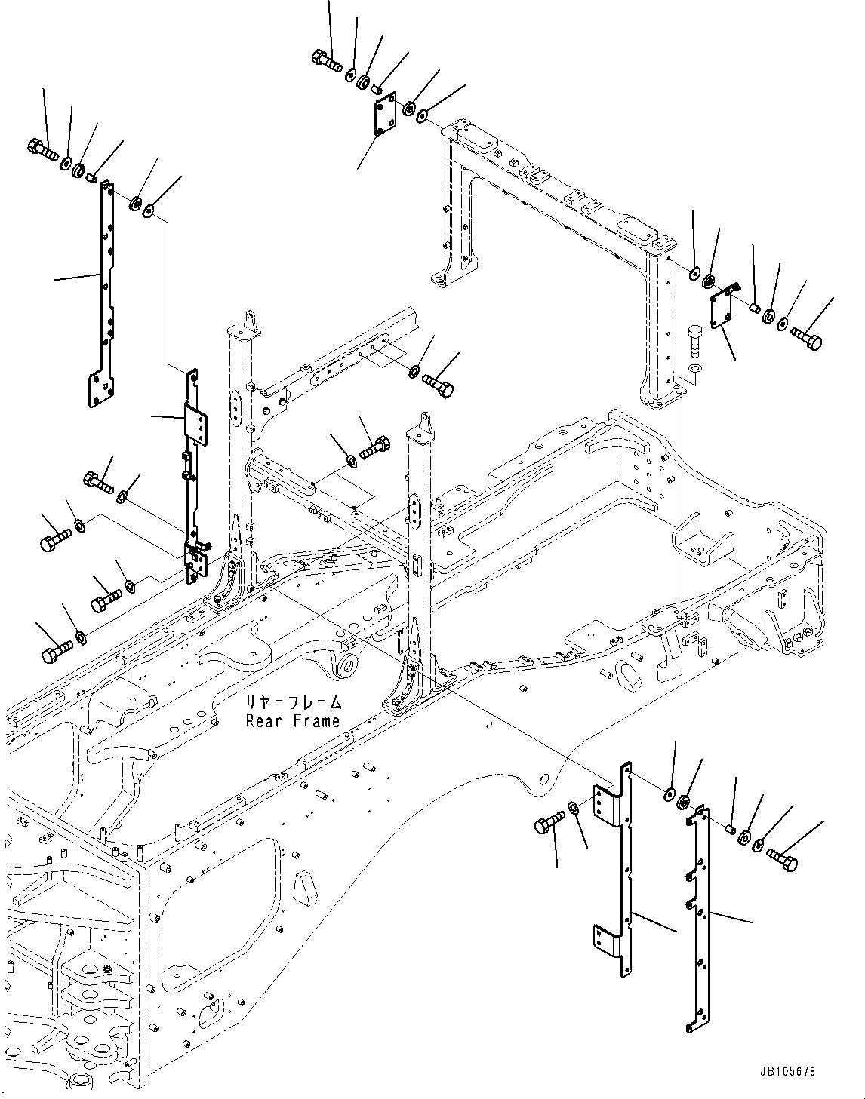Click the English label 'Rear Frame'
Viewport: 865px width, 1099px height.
(293, 721)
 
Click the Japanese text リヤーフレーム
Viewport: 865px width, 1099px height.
(293, 703)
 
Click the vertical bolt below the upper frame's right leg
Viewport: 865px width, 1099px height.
(694, 339)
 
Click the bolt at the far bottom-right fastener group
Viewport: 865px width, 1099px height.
(781, 858)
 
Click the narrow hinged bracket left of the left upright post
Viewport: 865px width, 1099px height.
(195, 475)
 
